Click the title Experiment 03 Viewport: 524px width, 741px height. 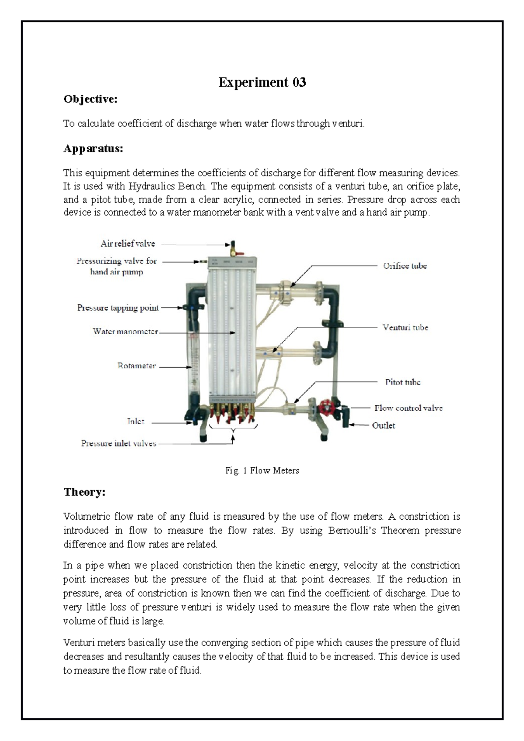[262, 82]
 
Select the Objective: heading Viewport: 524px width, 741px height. [90, 99]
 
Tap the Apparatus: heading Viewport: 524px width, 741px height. [93, 149]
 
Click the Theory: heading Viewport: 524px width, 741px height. [84, 492]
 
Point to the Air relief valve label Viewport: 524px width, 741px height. [128, 244]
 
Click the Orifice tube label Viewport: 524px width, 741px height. [404, 266]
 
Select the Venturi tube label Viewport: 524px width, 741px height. [405, 327]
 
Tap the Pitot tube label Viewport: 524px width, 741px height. [402, 382]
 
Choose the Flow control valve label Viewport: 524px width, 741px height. [408, 408]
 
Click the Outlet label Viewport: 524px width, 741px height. [383, 425]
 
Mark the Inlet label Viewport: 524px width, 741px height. [135, 421]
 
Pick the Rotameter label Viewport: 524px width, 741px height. [136, 366]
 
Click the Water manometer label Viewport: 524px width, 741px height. [125, 331]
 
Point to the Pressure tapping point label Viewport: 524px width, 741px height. [118, 308]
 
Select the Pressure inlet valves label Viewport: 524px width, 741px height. [118, 443]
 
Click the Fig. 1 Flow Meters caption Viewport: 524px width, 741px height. [262, 470]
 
